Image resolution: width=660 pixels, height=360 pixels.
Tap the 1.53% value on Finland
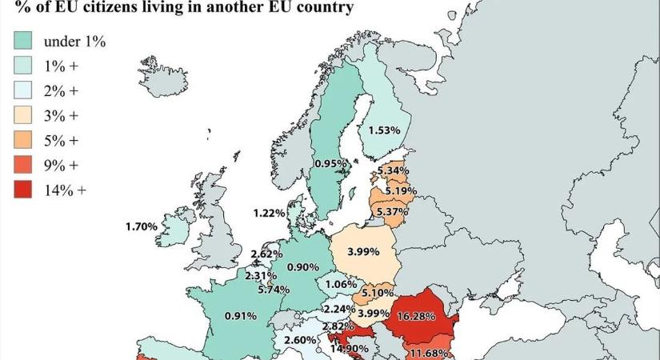383,130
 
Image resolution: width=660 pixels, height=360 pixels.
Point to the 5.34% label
394,171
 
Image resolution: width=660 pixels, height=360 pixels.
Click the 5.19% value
400,191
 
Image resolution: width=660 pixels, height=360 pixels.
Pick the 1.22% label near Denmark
269,213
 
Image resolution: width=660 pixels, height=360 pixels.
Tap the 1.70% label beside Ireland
142,226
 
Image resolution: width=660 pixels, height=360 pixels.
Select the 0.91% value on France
240,315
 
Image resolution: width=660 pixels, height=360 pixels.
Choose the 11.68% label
429,353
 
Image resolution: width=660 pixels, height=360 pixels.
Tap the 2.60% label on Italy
299,340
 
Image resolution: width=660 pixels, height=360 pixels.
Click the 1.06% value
341,283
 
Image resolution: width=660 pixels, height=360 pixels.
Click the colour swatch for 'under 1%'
23,41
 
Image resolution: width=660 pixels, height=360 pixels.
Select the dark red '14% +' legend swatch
23,190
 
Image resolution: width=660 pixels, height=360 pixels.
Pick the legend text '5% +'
62,140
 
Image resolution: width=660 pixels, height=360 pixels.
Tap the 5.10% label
374,293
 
